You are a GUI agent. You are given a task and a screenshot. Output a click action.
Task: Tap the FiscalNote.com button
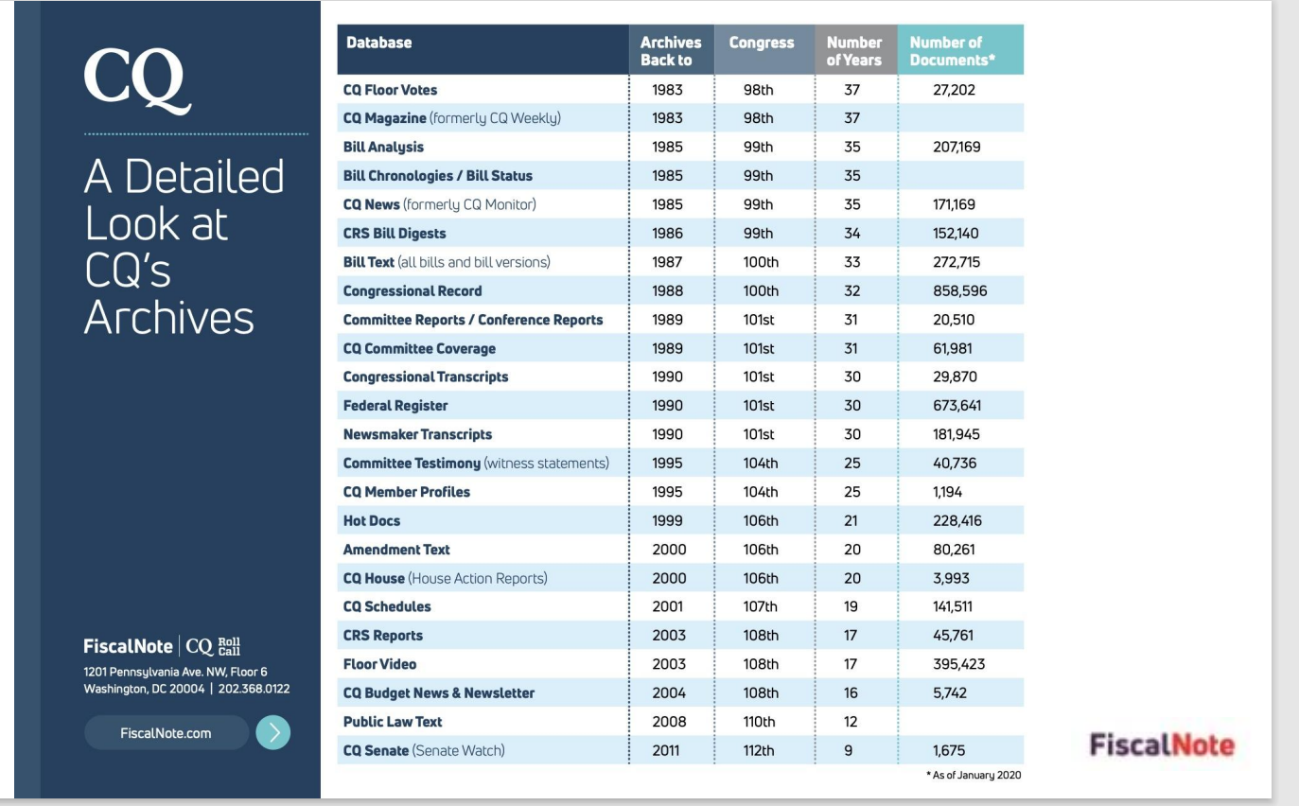coord(166,733)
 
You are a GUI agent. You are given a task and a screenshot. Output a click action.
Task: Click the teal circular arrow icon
coord(272,733)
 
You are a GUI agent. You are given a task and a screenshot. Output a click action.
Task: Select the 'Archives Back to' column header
coord(671,51)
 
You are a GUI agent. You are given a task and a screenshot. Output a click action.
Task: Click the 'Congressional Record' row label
coord(412,291)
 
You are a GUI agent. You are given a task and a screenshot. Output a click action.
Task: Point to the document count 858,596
coord(959,291)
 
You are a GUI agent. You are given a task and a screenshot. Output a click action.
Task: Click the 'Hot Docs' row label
coord(372,520)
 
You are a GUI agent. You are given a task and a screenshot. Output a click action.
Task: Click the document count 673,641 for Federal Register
coord(957,406)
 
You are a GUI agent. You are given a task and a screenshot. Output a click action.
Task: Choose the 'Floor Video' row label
coord(379,664)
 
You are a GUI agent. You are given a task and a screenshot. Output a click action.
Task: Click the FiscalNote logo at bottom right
coord(1162,745)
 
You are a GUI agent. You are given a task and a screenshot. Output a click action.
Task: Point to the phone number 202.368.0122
coord(254,689)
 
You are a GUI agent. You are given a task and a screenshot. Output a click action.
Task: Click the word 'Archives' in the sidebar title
coord(168,318)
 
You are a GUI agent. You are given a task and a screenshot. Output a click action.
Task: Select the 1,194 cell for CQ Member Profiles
coord(950,492)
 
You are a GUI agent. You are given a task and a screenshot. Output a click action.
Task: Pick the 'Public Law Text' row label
coord(392,722)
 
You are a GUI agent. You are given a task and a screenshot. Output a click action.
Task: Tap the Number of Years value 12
coord(851,722)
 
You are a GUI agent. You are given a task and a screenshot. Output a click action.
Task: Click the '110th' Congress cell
coord(760,722)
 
